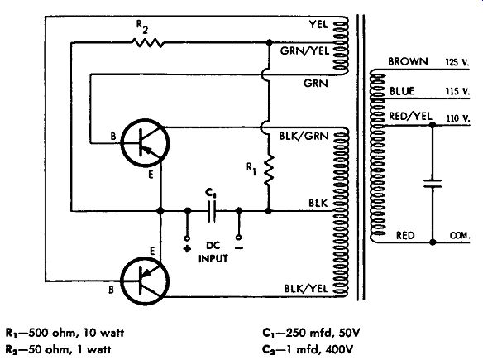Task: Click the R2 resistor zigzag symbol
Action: [x=148, y=43]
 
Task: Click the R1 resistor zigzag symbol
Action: [x=269, y=170]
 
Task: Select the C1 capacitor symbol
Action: [x=212, y=211]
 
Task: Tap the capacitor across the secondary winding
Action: [x=433, y=184]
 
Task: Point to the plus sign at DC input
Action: [x=187, y=248]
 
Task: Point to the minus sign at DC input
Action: [x=239, y=247]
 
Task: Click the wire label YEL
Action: [x=318, y=24]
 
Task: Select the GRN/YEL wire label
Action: [x=304, y=50]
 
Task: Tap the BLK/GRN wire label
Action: [x=304, y=136]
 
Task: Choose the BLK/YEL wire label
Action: [x=306, y=289]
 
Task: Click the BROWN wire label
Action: [x=408, y=61]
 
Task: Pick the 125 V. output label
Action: [x=457, y=62]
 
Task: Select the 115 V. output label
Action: [x=457, y=92]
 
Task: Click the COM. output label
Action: [x=460, y=236]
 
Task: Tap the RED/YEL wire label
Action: [x=410, y=116]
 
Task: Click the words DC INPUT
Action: [x=213, y=252]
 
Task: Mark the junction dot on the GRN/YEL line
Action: [x=270, y=42]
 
